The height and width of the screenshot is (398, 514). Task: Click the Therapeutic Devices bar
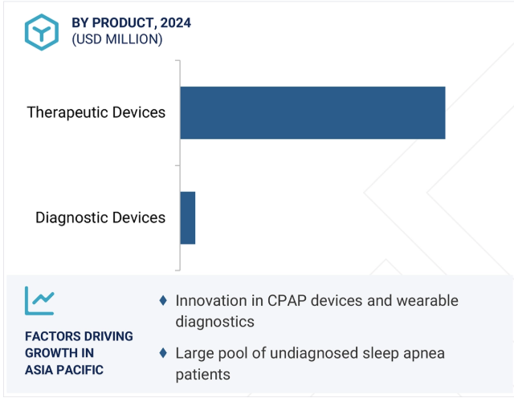(x=312, y=112)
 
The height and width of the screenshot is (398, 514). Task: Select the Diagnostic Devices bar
(x=188, y=217)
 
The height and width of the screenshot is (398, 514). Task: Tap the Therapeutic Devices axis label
(x=96, y=112)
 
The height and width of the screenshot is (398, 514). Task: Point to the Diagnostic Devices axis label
(x=100, y=217)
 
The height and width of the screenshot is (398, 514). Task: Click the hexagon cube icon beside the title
(x=42, y=32)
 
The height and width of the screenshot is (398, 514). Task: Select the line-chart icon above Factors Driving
(x=39, y=301)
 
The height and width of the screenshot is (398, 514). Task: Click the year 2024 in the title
(x=176, y=23)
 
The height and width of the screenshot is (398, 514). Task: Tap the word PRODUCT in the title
(x=123, y=23)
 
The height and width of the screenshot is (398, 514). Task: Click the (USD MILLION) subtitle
(x=117, y=39)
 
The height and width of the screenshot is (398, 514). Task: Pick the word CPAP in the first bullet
(x=287, y=301)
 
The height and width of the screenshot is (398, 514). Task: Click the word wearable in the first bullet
(x=426, y=301)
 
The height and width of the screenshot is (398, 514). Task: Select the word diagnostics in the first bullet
(x=215, y=322)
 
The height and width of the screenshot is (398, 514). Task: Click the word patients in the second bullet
(x=203, y=375)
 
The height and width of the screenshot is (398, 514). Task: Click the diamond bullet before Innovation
(x=163, y=300)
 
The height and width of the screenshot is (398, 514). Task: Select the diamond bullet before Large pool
(x=163, y=353)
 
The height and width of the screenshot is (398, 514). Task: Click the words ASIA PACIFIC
(x=64, y=370)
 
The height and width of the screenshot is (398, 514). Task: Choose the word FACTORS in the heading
(x=50, y=336)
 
